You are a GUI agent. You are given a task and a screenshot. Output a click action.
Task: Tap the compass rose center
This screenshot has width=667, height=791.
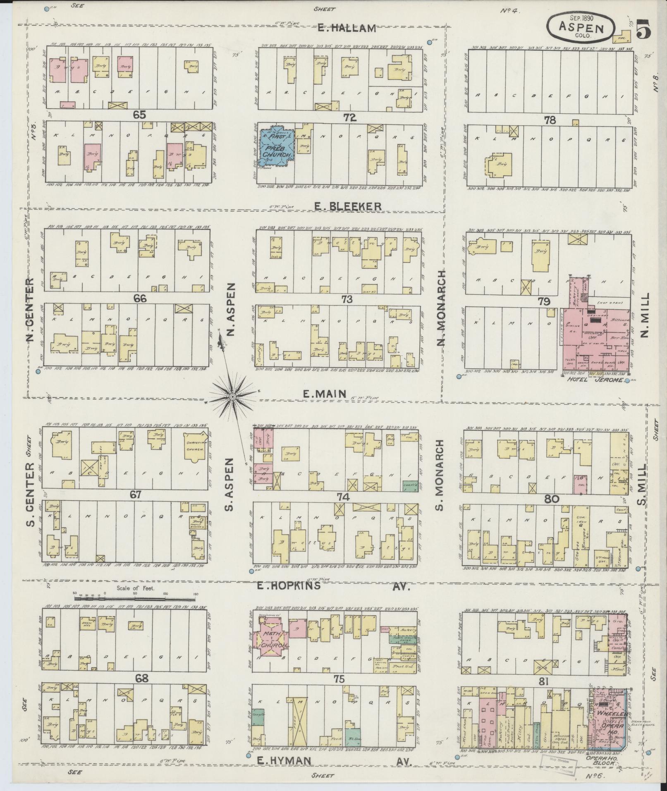(x=233, y=397)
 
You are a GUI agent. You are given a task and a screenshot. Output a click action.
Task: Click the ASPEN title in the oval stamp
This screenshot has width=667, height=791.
(x=580, y=27)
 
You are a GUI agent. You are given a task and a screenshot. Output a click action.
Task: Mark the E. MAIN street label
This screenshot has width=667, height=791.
(x=324, y=394)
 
